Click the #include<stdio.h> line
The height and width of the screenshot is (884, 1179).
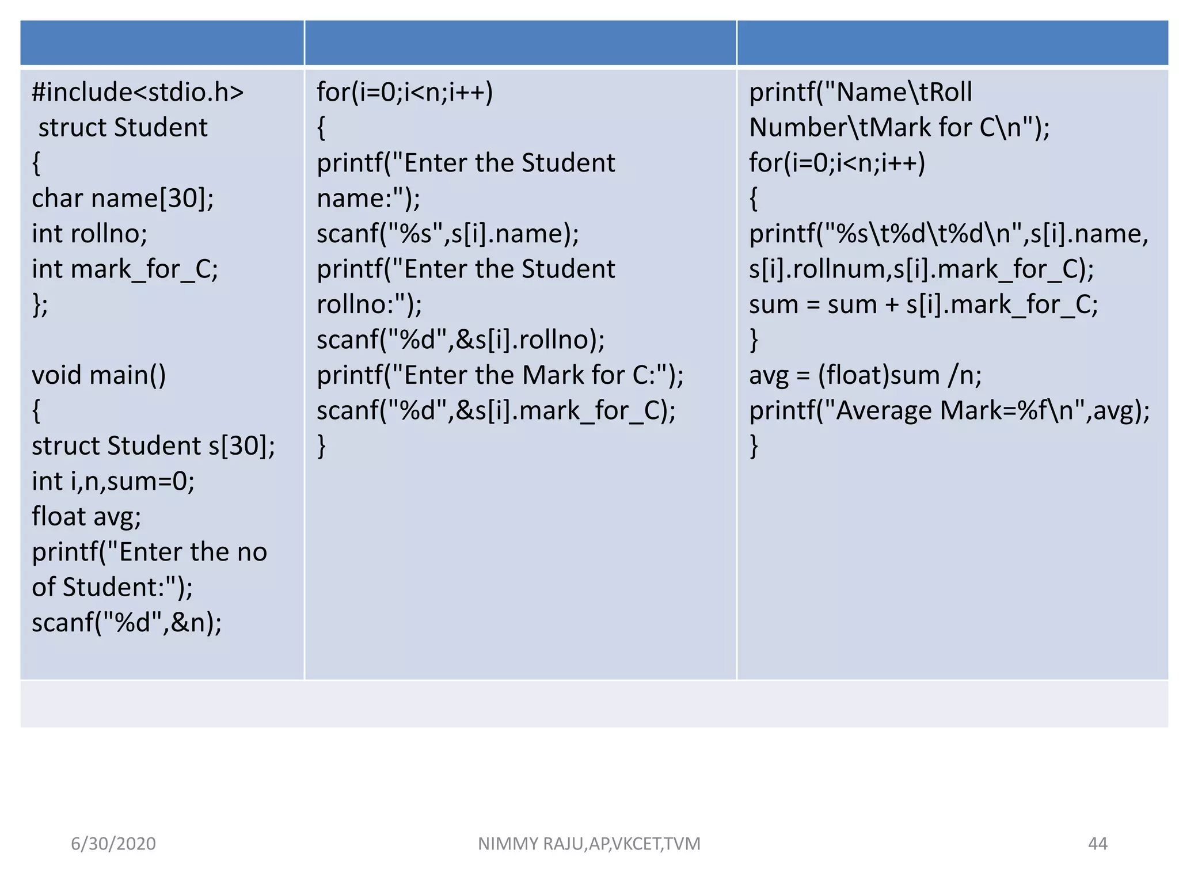point(138,92)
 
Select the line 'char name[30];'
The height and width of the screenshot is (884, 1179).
point(123,199)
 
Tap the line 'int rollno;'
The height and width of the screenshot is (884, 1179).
point(89,234)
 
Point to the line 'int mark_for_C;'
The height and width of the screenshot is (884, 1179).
point(125,269)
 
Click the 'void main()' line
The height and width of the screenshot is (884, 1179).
point(98,375)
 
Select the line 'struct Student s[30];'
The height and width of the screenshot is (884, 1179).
point(153,446)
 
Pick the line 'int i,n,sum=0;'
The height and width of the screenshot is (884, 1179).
point(113,481)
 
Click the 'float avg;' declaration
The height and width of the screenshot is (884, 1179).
point(86,517)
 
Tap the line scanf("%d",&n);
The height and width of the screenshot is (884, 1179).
point(127,623)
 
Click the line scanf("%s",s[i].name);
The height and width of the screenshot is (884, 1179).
point(448,234)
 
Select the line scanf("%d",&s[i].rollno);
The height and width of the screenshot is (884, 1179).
point(461,340)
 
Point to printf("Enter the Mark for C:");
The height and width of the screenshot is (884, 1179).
point(500,375)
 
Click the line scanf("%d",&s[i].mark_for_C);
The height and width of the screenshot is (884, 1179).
point(496,411)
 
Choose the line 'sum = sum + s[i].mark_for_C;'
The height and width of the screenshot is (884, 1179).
point(923,304)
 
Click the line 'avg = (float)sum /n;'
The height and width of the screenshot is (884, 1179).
point(865,375)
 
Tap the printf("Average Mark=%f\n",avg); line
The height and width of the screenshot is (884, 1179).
point(949,411)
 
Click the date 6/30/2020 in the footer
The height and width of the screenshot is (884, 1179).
point(113,844)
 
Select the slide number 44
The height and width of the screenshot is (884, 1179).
point(1097,844)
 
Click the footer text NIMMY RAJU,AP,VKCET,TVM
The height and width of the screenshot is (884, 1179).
point(589,844)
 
